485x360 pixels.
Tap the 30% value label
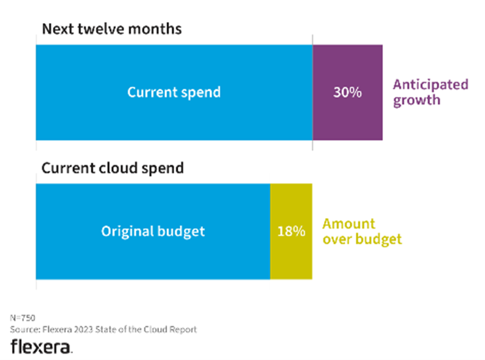[347, 92]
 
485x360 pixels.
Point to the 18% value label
[290, 231]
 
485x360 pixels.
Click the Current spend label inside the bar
[174, 92]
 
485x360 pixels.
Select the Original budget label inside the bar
[153, 231]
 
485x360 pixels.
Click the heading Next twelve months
[111, 29]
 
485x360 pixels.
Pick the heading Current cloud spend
[112, 168]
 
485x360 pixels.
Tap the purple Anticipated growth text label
[430, 92]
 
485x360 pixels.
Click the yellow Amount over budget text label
[362, 231]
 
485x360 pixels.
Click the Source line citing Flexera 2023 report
[103, 329]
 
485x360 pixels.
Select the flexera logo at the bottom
[41, 346]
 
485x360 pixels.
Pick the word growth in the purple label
[417, 101]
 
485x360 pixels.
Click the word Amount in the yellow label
[349, 223]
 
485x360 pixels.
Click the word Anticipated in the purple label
[430, 84]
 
